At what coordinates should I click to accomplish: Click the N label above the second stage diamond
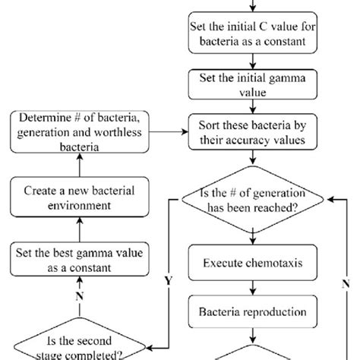[79, 296]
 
